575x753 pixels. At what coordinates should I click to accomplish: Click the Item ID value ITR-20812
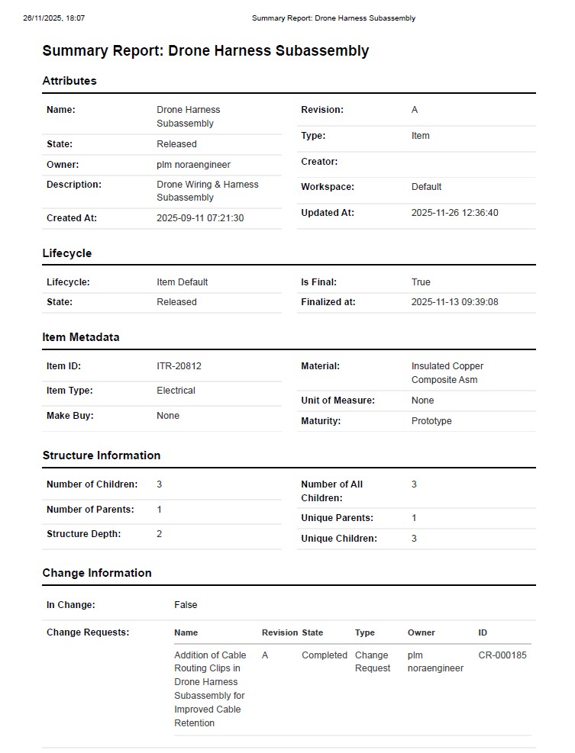179,366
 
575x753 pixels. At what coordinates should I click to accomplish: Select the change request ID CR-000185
502,655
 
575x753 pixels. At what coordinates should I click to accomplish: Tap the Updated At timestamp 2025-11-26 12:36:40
454,213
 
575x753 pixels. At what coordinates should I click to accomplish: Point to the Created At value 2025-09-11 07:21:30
200,218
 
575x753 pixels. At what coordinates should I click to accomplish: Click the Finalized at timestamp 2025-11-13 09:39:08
454,302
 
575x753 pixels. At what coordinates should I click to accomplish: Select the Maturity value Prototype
431,421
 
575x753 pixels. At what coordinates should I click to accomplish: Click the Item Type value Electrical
176,391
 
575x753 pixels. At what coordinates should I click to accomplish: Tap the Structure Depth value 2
160,534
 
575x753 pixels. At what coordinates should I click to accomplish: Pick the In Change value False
186,605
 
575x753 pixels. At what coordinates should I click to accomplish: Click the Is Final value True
421,282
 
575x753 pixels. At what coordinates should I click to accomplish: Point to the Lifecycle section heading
67,253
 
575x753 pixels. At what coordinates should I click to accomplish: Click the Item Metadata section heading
81,337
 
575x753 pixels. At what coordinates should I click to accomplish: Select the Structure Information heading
102,455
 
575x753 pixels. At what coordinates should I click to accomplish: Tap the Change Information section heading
97,573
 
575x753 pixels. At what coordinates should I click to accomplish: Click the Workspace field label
328,187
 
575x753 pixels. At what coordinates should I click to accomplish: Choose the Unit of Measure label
338,401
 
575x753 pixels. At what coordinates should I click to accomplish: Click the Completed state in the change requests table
325,655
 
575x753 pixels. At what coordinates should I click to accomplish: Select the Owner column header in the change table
422,632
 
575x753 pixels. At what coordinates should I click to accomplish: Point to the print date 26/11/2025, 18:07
54,18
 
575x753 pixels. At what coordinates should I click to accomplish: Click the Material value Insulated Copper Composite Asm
447,373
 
